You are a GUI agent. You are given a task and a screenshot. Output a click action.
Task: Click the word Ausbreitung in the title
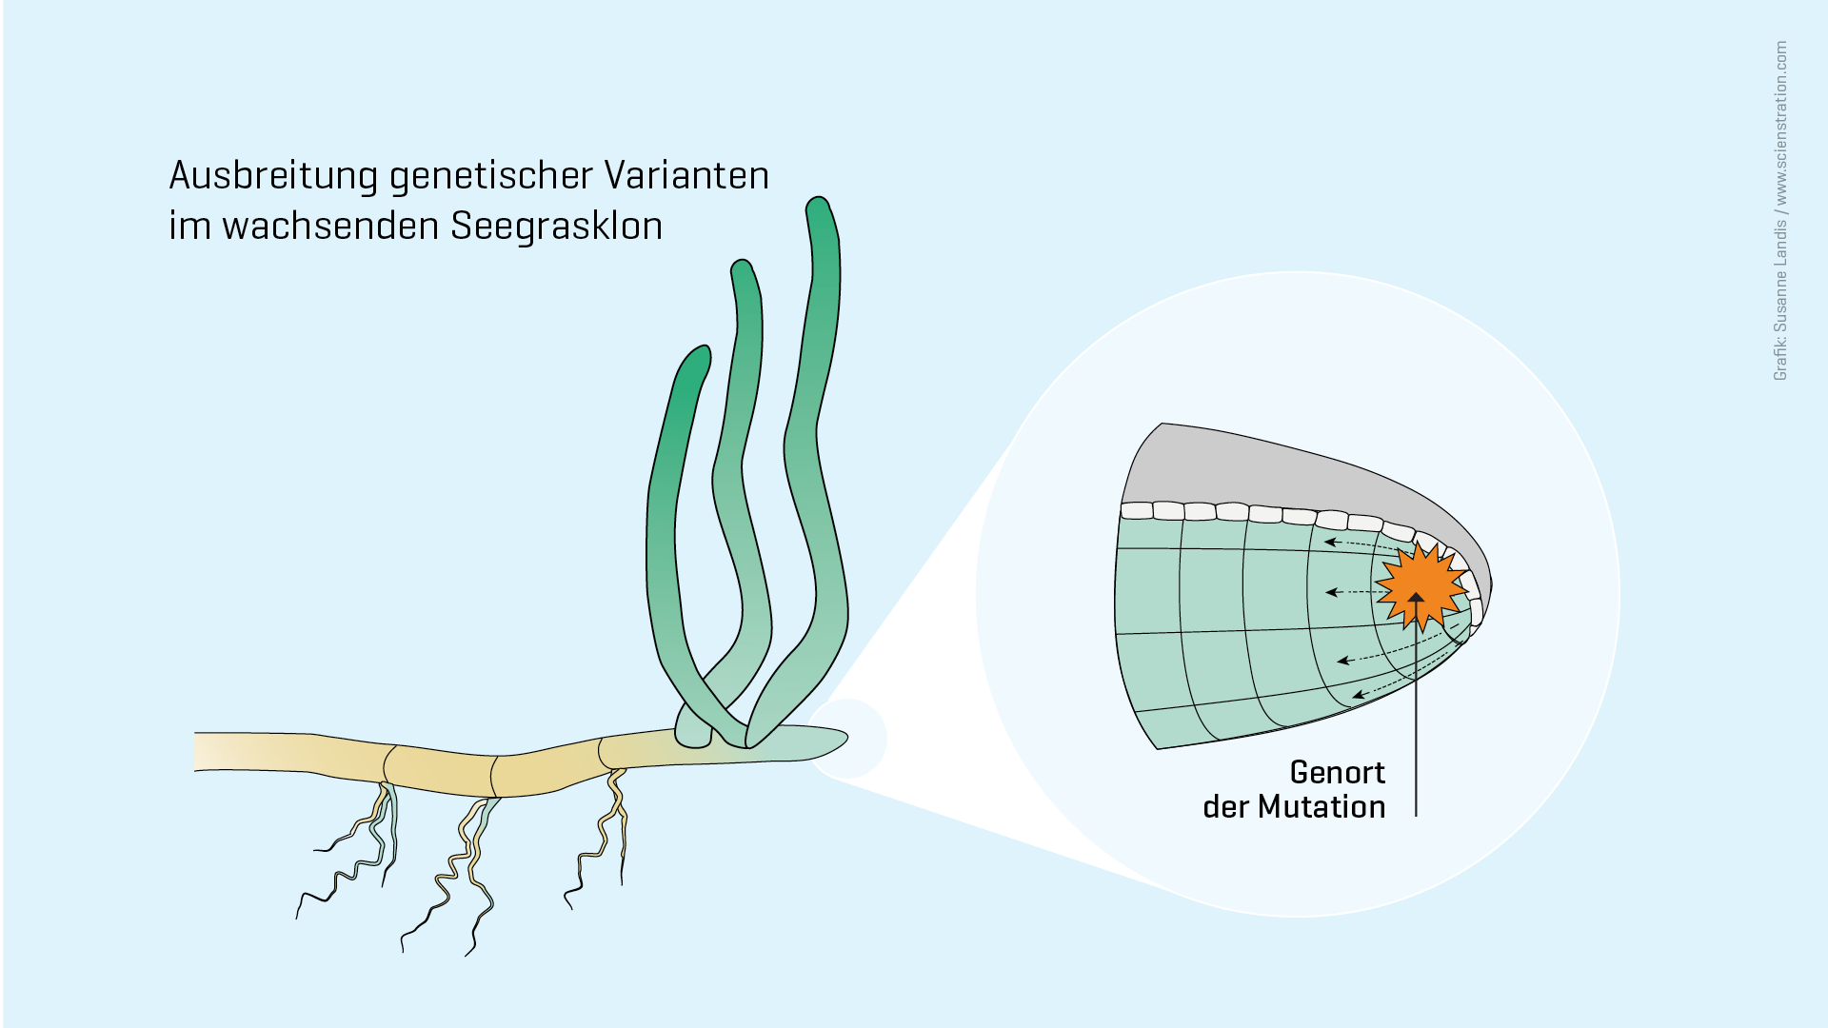tap(274, 176)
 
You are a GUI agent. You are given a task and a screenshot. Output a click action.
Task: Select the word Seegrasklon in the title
tap(557, 226)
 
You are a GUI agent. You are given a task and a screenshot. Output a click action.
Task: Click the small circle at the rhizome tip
tap(846, 740)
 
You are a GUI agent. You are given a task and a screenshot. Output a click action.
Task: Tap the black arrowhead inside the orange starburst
tap(1417, 598)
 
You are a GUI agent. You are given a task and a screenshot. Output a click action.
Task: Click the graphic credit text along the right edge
tap(1780, 210)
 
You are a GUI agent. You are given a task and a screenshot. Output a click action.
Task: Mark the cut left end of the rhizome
tap(195, 752)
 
